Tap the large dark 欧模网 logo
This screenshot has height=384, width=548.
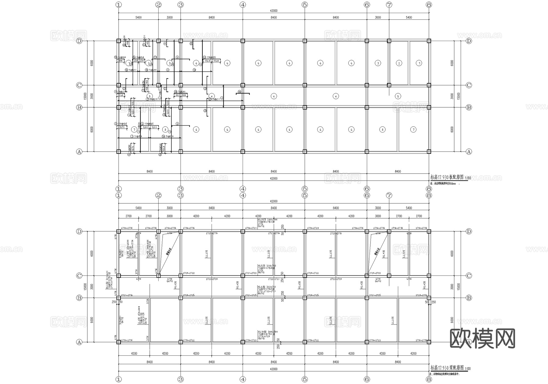click(482, 338)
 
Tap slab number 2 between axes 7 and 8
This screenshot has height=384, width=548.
click(399, 63)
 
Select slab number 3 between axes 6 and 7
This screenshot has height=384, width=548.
click(378, 63)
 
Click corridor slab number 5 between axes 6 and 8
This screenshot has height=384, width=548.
click(398, 96)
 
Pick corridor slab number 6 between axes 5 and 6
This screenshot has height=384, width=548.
click(336, 96)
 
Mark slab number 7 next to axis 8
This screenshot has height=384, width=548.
click(413, 130)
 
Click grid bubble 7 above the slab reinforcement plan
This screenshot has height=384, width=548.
click(389, 5)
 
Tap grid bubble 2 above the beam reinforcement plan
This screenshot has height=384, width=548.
click(158, 195)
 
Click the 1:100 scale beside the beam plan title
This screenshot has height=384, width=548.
click(468, 369)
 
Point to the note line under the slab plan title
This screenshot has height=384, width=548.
click(444, 184)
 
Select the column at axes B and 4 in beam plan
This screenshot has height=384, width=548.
click(243, 298)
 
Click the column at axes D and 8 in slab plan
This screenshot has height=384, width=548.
click(429, 41)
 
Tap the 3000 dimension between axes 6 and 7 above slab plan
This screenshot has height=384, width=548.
click(378, 17)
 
